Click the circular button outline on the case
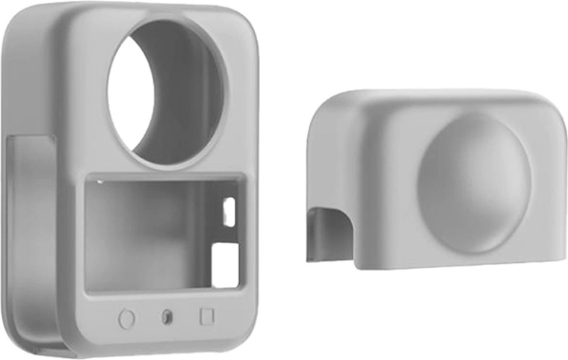126,319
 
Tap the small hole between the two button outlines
166,317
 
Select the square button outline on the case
207,316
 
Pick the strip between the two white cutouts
228,232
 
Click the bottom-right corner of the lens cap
557,261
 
